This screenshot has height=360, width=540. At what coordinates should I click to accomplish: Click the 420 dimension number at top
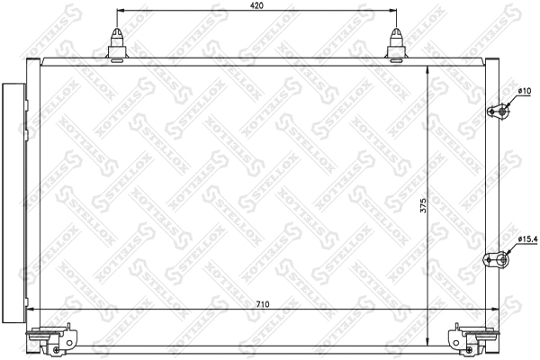tap(256, 6)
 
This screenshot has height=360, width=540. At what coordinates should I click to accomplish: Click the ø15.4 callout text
tap(526, 239)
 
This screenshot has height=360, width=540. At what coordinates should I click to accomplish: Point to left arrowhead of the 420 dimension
tap(121, 13)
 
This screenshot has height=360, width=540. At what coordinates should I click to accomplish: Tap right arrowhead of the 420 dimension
tap(393, 13)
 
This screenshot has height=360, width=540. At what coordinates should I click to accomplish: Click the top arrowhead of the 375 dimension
tap(426, 71)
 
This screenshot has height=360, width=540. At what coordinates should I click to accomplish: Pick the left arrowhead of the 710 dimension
tap(32, 310)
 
